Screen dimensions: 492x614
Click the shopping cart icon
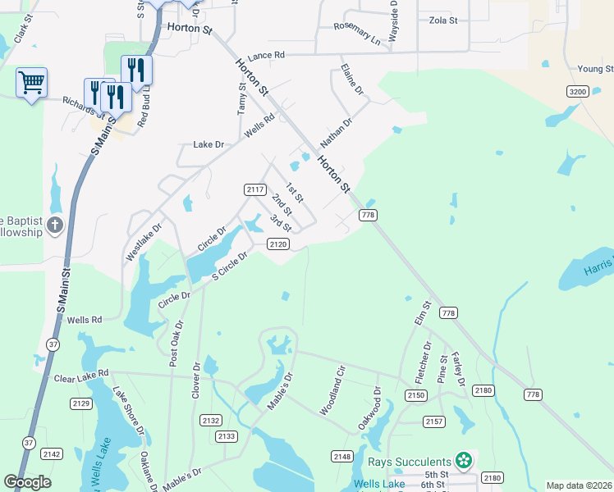click(31, 81)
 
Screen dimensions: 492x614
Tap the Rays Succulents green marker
click(465, 462)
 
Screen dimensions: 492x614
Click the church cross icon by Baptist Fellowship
click(54, 225)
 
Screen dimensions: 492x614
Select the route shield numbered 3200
click(577, 92)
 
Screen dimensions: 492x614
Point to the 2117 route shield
click(255, 189)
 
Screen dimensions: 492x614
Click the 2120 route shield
click(278, 244)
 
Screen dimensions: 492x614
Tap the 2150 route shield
click(415, 395)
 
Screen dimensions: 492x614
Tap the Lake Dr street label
click(208, 144)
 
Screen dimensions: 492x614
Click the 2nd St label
click(282, 205)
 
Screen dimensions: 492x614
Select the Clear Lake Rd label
click(80, 378)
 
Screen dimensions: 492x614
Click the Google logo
click(27, 482)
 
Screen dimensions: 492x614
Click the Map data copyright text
click(579, 485)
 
